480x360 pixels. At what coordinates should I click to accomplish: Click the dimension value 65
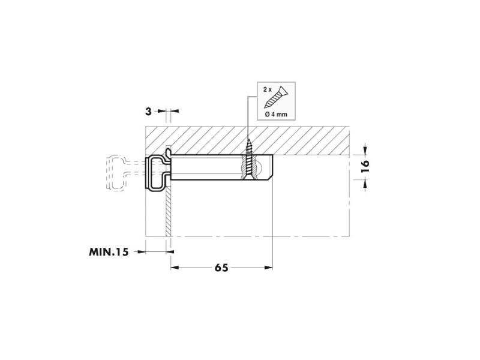221,268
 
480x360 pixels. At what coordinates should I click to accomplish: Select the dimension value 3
148,112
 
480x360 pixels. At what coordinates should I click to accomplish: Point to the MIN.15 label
109,252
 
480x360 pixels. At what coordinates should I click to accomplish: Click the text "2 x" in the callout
268,89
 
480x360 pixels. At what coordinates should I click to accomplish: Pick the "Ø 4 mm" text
276,115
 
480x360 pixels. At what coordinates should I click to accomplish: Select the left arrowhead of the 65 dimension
175,268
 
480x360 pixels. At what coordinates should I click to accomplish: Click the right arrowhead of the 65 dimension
268,268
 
